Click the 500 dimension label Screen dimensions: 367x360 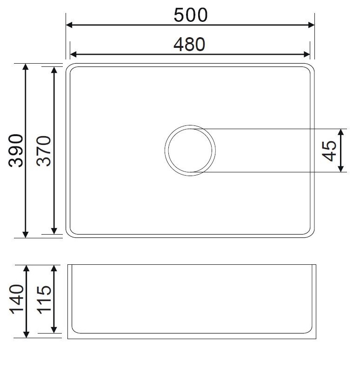[x=191, y=15]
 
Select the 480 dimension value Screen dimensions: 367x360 [x=189, y=44]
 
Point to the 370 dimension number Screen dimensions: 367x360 [x=44, y=151]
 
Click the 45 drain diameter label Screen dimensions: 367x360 [x=330, y=151]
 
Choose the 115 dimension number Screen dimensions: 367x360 [x=44, y=300]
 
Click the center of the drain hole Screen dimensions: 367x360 [x=190, y=151]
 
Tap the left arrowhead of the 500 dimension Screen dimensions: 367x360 [x=69, y=25]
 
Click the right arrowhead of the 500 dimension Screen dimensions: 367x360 [x=312, y=25]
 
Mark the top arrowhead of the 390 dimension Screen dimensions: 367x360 [x=26, y=67]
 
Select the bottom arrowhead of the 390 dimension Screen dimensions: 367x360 [x=26, y=234]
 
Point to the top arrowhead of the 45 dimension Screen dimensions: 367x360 [x=341, y=132]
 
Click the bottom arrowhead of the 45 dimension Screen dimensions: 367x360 [x=341, y=168]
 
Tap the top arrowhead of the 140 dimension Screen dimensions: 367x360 [x=26, y=269]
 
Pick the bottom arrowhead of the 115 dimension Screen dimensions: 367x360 [x=54, y=329]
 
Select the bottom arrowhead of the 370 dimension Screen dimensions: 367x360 [x=54, y=231]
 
